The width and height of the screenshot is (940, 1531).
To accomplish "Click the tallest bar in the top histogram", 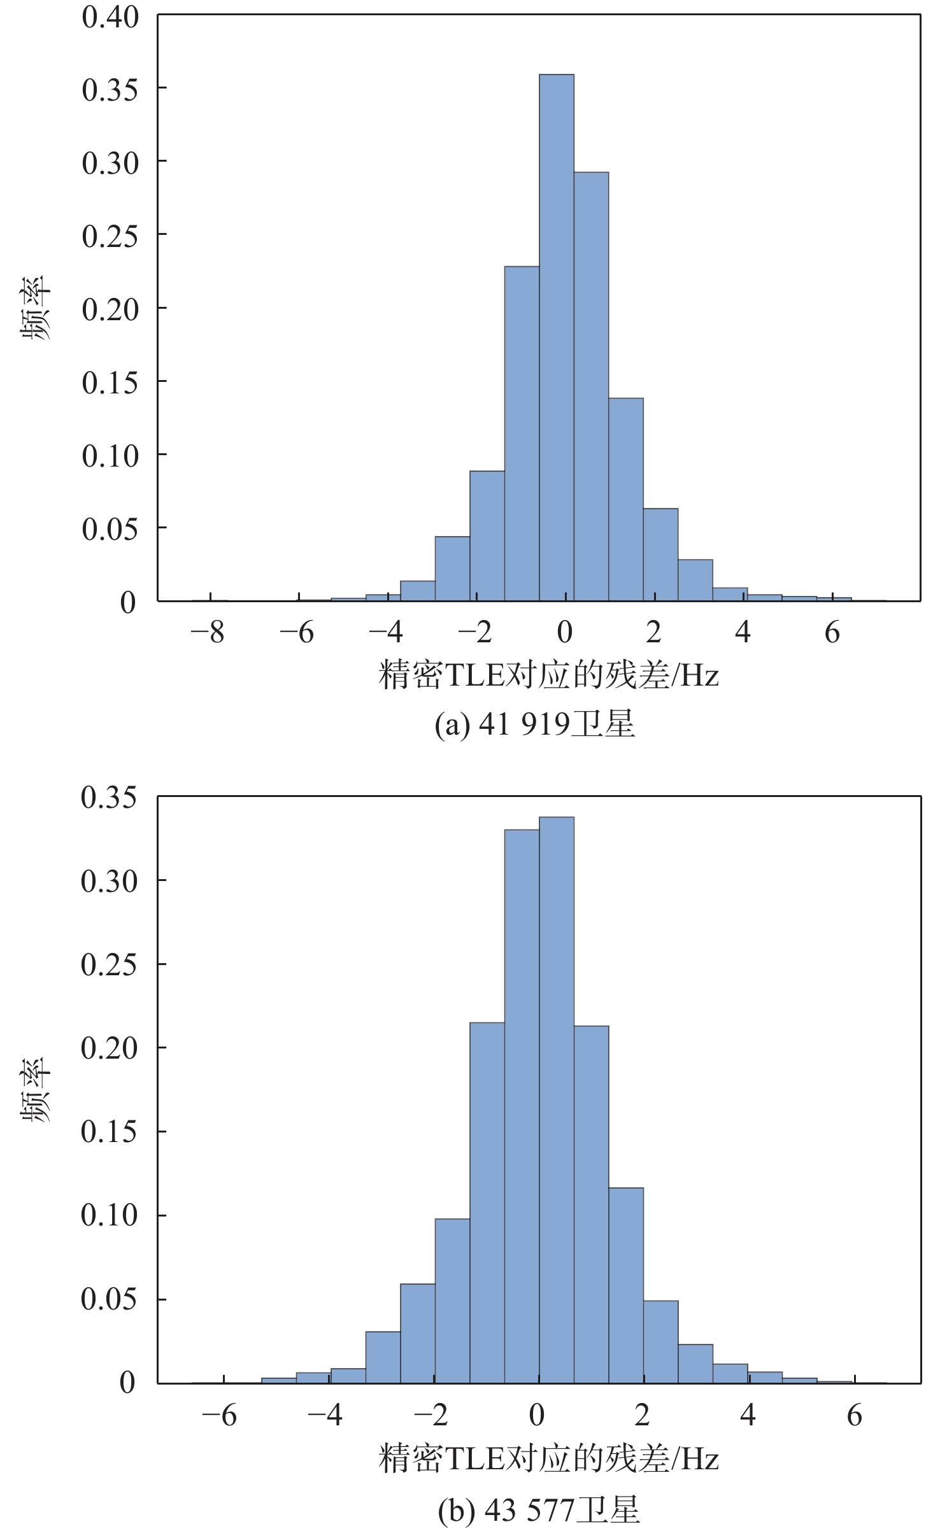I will (556, 337).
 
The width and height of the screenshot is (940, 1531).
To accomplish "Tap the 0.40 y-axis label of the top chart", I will (110, 17).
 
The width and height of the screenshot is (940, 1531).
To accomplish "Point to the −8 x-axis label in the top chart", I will (208, 632).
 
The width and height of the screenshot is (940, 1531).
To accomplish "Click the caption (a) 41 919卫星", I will (535, 724).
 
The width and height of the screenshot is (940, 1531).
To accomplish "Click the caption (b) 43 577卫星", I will (538, 1509).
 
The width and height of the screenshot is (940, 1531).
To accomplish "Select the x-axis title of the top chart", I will (548, 675).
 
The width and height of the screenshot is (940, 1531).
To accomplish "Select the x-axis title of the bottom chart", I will (548, 1458).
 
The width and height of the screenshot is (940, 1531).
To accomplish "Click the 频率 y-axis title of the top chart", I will (36, 307).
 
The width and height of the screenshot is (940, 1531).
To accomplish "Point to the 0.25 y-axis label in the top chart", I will (110, 236).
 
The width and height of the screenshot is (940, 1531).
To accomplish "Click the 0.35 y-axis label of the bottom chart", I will (109, 797).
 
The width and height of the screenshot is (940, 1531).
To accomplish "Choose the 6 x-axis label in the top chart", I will (832, 632).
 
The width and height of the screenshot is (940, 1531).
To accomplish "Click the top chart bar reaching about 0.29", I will (591, 386).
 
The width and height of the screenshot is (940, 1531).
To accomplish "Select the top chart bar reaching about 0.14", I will (625, 499).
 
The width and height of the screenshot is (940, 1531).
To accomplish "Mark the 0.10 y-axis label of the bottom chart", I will (109, 1215).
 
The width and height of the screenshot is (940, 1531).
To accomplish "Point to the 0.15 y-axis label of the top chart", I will (110, 383).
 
